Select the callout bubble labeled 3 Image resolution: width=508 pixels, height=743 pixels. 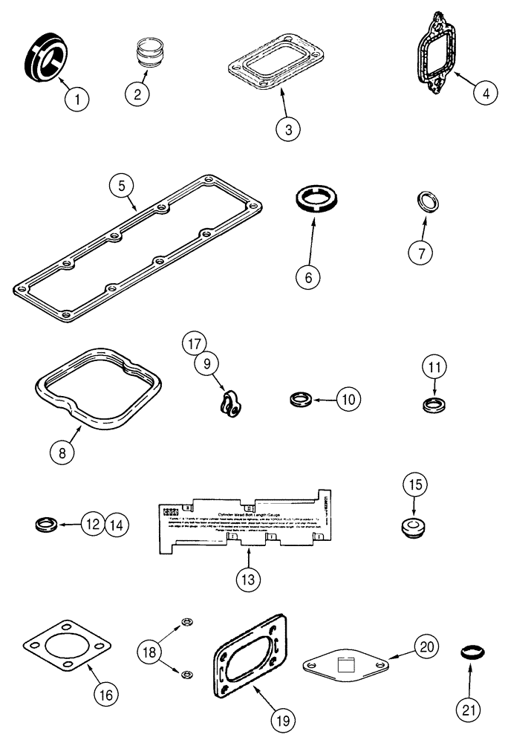click(287, 129)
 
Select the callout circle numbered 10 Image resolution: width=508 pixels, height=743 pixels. click(348, 398)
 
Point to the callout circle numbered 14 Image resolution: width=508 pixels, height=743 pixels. click(116, 524)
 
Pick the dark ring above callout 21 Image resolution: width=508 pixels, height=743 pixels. click(469, 653)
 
